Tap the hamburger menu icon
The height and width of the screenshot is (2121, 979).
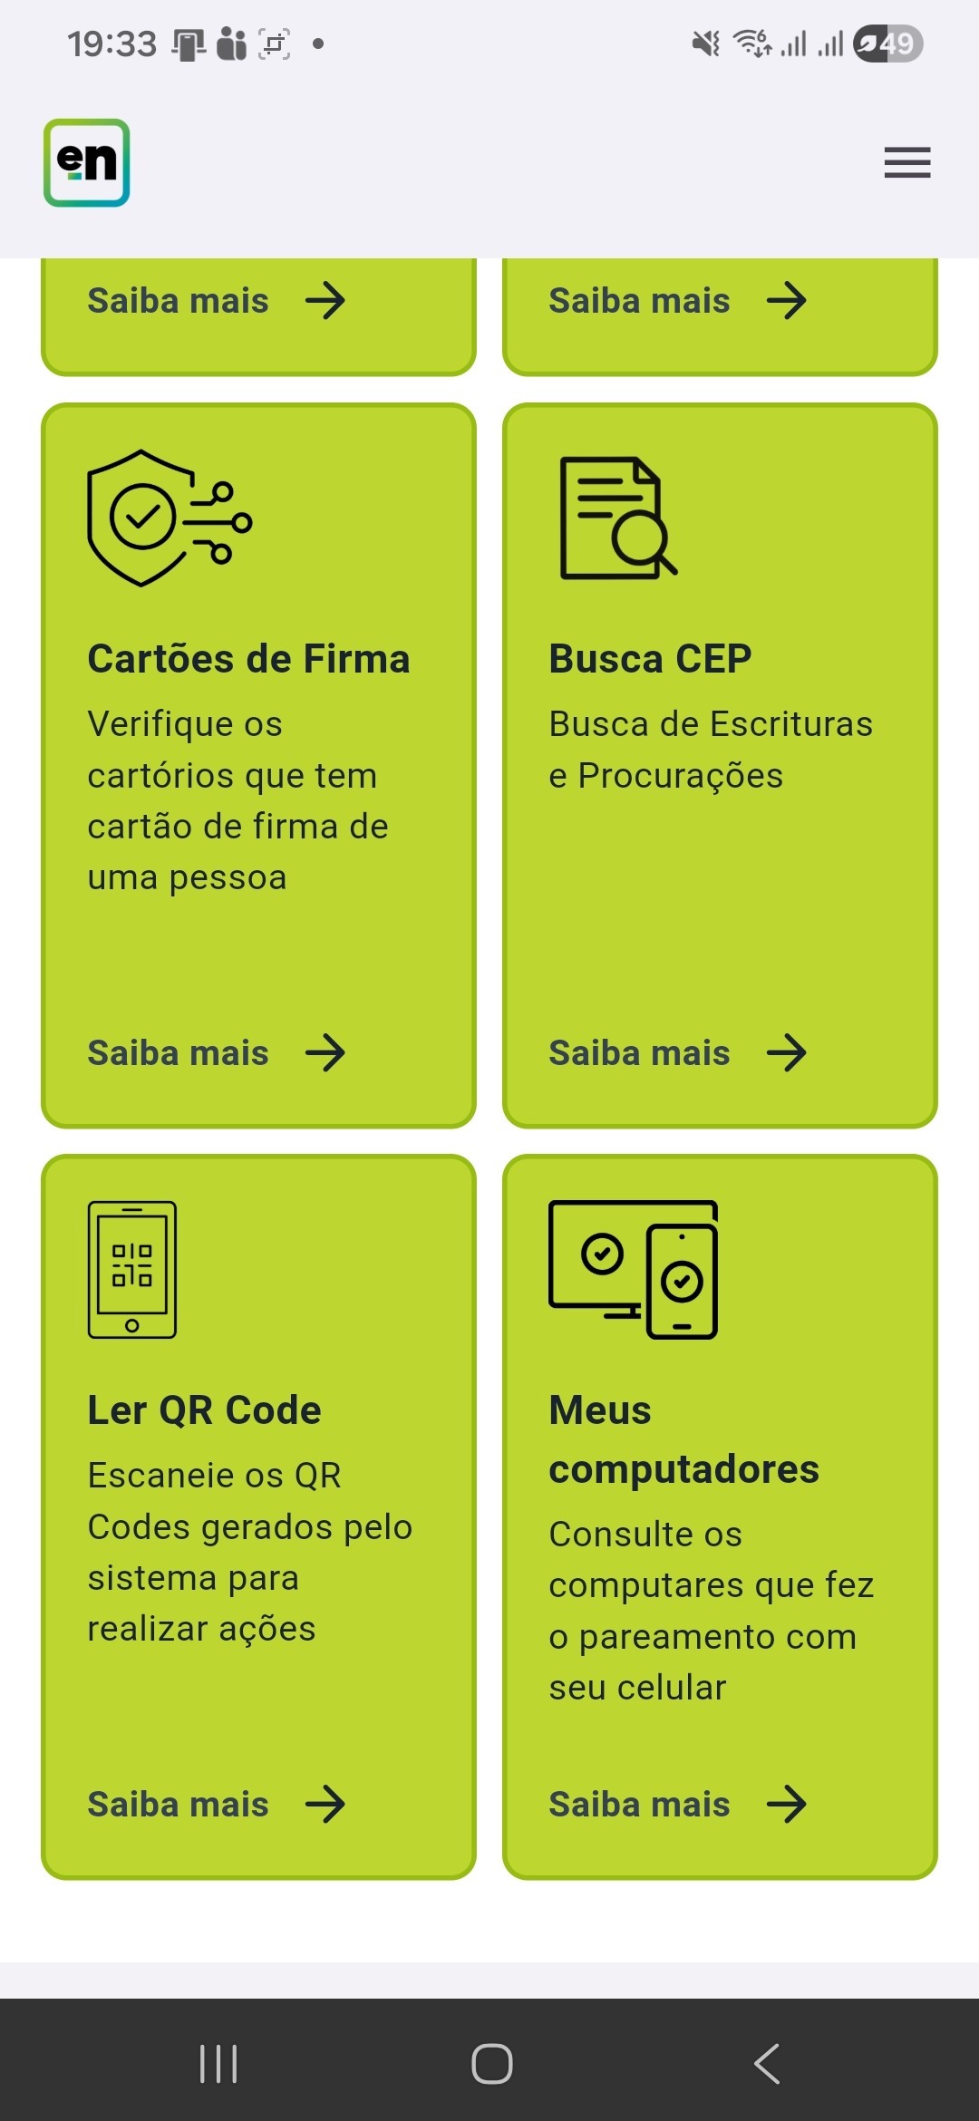907,163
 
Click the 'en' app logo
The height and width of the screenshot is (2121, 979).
87,163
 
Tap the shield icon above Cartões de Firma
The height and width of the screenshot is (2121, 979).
169,518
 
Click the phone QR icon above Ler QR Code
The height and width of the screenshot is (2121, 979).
132,1269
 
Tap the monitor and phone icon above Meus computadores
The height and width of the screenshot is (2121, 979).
633,1269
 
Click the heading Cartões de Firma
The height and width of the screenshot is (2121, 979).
248,659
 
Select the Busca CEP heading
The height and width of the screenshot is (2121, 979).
650,659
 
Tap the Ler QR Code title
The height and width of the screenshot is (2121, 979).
204,1410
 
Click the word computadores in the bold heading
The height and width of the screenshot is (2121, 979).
683,1469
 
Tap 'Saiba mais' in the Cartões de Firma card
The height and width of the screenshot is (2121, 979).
178,1053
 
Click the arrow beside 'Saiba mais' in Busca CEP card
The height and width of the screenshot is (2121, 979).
786,1053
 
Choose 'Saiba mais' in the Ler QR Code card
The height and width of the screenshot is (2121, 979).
178,1805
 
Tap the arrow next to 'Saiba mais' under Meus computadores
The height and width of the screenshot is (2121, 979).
786,1805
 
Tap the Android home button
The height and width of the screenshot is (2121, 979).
491,2064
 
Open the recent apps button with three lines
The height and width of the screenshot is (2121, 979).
218,2064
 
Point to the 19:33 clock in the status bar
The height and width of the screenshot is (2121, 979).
111,44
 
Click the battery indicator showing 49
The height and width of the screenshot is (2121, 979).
887,44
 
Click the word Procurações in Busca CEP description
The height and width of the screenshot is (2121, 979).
680,776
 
